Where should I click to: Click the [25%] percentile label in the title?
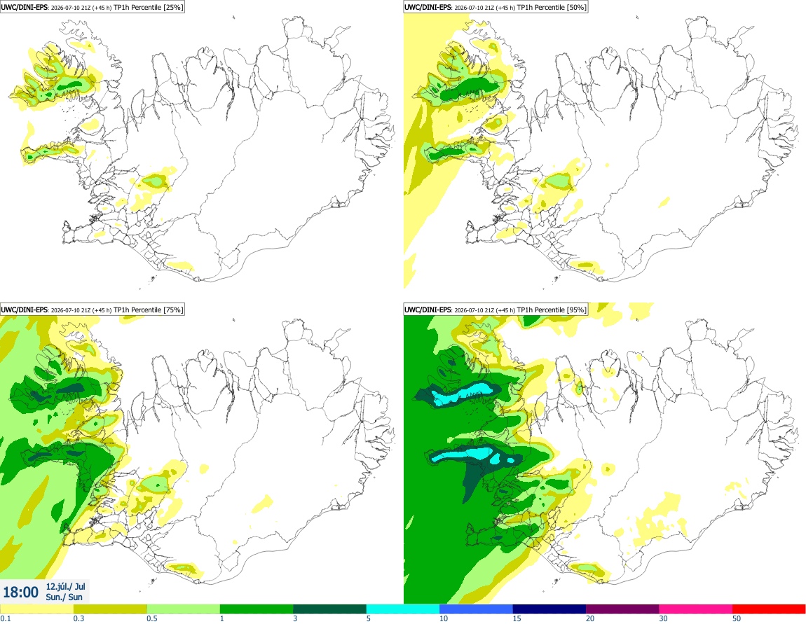[172, 7]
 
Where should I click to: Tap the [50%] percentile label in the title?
[575, 7]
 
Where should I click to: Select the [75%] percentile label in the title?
[172, 310]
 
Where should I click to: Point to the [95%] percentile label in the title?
[575, 310]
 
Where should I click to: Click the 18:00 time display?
[20, 592]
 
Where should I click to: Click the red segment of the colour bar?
[769, 609]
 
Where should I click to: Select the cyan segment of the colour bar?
[402, 609]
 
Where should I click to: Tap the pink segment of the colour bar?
[695, 609]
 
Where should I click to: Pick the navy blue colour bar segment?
[549, 609]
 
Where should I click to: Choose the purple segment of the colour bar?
[622, 609]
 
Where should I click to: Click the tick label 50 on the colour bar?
[737, 619]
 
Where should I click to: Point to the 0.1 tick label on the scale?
[6, 619]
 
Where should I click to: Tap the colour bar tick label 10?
[444, 619]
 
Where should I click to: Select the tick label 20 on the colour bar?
[590, 619]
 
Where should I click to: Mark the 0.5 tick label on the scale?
[152, 619]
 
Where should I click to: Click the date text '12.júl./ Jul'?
[65, 587]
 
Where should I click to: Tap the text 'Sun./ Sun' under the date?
[64, 597]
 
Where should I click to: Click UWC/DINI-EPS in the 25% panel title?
[25, 7]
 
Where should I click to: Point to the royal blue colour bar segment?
[476, 609]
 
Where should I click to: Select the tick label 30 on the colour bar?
[664, 619]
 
